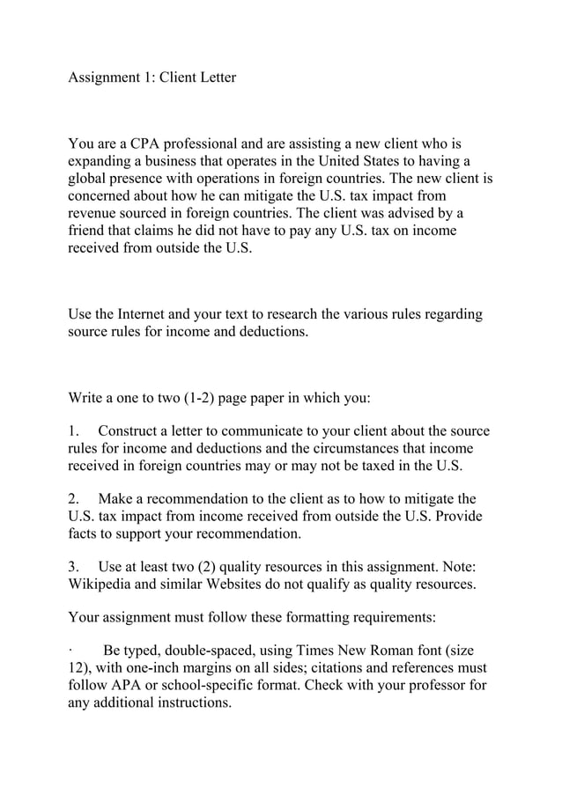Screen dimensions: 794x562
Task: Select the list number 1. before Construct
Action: pos(75,431)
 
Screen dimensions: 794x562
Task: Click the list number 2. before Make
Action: pos(75,498)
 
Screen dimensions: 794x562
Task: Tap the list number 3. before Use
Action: pos(75,565)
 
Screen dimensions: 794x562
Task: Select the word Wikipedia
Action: pos(103,583)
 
